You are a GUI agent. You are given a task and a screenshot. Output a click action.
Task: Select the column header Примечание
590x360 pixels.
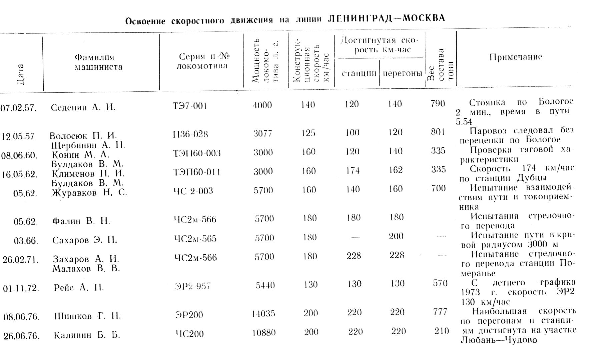click(x=516, y=57)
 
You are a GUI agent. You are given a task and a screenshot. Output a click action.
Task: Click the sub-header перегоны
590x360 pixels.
click(x=402, y=73)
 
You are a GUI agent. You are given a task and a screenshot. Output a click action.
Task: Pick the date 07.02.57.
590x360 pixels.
click(x=18, y=108)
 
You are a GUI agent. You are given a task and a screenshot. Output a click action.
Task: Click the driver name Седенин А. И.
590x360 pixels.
click(x=83, y=108)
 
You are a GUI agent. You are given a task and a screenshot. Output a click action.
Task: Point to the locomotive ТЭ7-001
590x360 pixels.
click(x=190, y=106)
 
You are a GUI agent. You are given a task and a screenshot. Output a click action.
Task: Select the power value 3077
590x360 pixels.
click(x=263, y=133)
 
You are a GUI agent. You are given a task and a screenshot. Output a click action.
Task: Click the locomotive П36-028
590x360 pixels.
click(x=190, y=134)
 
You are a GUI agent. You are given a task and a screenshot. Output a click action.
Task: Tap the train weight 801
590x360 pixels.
click(x=438, y=132)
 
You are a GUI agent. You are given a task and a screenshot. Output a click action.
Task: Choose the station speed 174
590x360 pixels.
click(x=353, y=171)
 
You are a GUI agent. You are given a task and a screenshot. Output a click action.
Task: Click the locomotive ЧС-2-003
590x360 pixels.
click(x=193, y=191)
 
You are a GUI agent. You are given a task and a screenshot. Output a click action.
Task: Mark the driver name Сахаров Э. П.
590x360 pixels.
click(x=85, y=240)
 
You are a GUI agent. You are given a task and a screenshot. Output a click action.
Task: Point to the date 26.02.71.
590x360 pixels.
click(x=21, y=260)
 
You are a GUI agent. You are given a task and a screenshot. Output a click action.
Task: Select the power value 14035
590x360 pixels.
click(x=263, y=313)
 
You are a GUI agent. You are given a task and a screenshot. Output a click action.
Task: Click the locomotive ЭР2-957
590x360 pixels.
click(x=193, y=286)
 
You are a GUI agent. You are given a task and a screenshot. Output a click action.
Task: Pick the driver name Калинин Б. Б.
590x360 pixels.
click(x=87, y=335)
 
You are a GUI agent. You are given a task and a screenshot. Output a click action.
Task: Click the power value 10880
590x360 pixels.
click(x=264, y=333)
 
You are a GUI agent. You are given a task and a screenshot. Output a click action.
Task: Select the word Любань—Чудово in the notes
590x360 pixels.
click(x=499, y=340)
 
